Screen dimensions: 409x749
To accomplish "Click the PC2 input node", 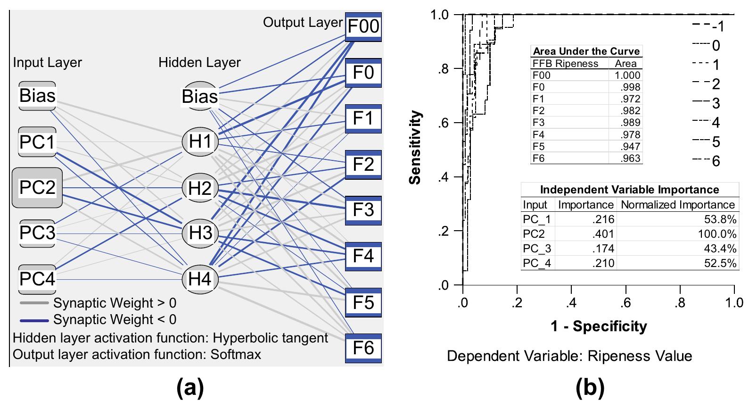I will point(37,187).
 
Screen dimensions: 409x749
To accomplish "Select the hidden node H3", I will point(200,233).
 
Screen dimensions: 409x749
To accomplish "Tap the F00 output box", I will point(363,26).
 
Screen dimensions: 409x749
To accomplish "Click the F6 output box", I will point(363,348).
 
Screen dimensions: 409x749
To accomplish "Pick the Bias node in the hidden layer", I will point(200,97).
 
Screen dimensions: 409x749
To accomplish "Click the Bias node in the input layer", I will point(37,96).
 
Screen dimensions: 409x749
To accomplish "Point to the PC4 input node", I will point(37,279).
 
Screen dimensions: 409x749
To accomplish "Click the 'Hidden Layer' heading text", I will point(199,62).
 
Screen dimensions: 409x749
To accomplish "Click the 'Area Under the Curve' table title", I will point(586,51).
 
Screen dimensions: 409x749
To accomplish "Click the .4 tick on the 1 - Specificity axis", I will point(571,302).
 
